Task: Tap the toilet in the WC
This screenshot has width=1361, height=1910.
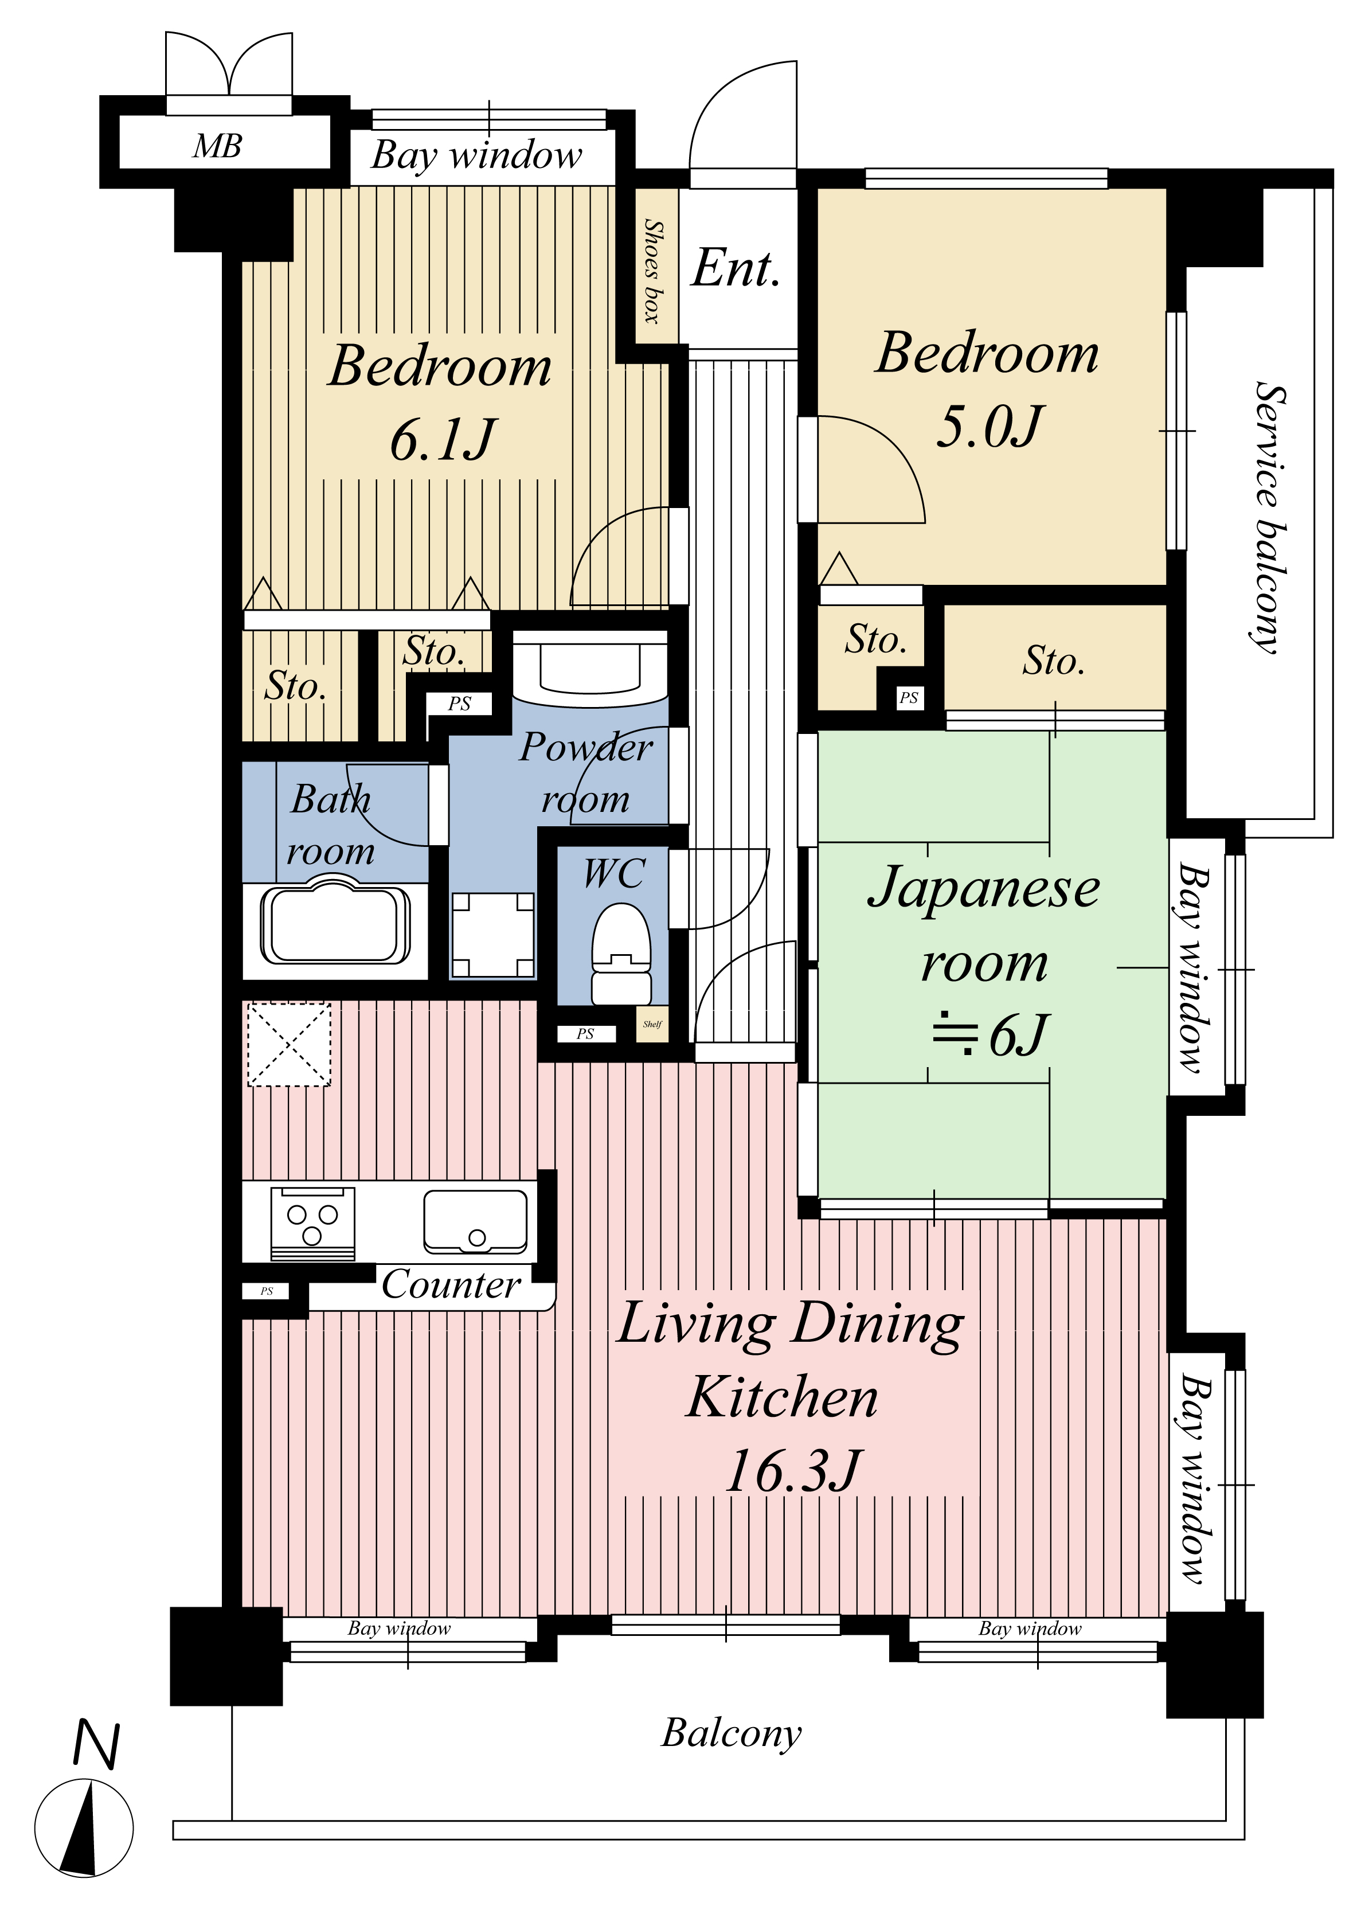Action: (x=621, y=954)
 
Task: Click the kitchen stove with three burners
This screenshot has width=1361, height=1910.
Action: (x=312, y=1224)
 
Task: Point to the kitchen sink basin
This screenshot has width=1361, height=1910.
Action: (x=475, y=1221)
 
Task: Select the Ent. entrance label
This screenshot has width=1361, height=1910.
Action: (x=736, y=268)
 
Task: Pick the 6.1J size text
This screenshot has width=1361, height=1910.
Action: (x=441, y=440)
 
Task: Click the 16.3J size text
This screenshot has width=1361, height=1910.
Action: (x=792, y=1471)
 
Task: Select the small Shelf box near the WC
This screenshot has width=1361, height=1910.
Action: (x=652, y=1024)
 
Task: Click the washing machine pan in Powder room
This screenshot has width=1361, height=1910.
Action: (x=493, y=935)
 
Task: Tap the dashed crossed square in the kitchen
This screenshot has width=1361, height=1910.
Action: (x=289, y=1044)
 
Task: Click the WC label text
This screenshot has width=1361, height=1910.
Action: (x=615, y=873)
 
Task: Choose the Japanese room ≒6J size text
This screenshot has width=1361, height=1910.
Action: (x=991, y=1035)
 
